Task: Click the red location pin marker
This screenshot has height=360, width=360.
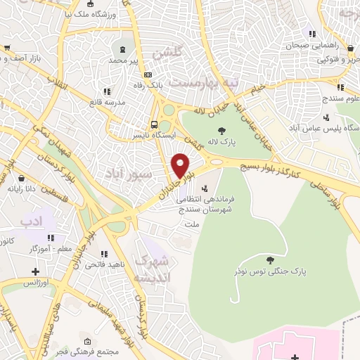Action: coord(181,165)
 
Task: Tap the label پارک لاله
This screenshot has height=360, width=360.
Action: coord(222,143)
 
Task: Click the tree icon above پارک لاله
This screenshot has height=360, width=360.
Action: coord(222,130)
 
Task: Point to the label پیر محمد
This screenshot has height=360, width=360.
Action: coord(124,61)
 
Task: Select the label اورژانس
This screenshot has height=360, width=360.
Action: coord(37,282)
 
